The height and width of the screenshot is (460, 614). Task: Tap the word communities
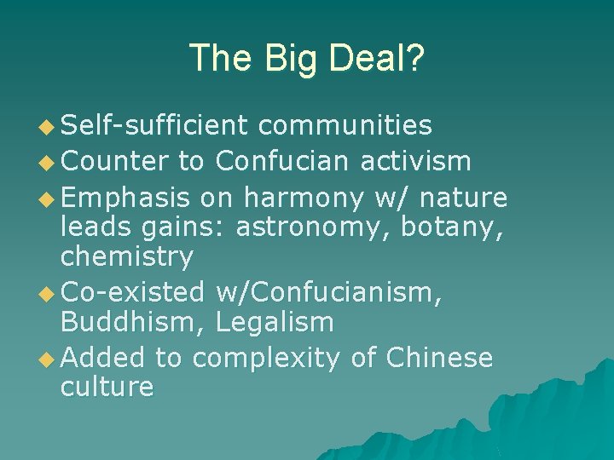pos(345,126)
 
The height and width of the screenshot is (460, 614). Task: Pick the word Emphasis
pos(126,198)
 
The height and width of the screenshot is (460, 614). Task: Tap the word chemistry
pos(127,256)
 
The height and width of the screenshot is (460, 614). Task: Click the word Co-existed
pos(133,292)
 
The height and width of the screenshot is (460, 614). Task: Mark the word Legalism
pos(275,322)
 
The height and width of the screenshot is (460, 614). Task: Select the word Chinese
pos(440,358)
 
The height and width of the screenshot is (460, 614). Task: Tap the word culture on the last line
pos(107,387)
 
